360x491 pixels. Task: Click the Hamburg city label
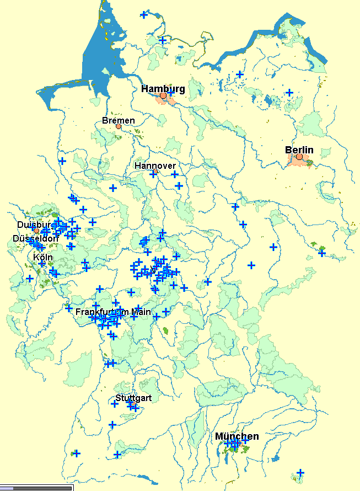pos(163,88)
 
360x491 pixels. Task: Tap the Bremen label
pos(118,120)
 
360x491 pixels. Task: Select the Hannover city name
pos(155,166)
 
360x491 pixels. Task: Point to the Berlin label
pos(299,150)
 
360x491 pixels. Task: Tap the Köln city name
pos(42,257)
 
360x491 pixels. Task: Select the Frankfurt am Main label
pos(113,312)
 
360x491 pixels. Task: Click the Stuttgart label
pos(133,398)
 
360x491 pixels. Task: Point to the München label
pos(237,436)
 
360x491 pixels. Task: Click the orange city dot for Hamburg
pos(163,96)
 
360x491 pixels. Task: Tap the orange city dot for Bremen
pos(119,126)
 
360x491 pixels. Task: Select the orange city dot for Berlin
pos(299,157)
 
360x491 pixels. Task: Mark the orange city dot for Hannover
pos(155,172)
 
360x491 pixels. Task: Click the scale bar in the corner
pos(36,488)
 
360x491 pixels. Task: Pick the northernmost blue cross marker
pos(144,15)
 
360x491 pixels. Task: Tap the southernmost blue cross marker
pos(300,473)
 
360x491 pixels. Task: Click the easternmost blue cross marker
pos(322,253)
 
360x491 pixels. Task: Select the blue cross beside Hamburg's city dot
pos(170,94)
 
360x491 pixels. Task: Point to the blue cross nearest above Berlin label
pos(289,92)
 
